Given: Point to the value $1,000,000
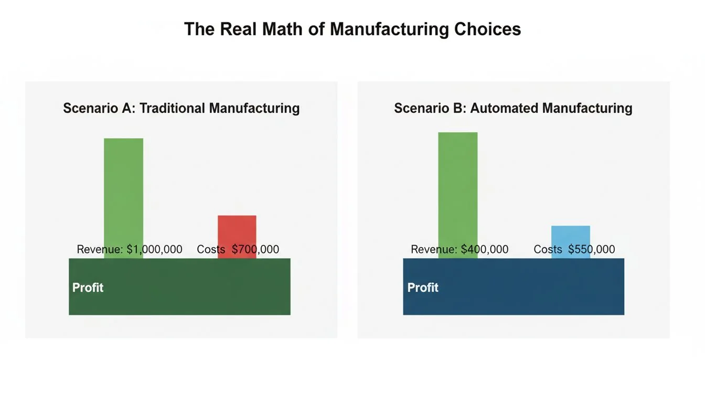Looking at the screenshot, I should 154,250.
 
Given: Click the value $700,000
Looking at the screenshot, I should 255,250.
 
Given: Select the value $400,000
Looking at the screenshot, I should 485,250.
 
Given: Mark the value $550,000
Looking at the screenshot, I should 591,250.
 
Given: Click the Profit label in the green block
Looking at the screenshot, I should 88,288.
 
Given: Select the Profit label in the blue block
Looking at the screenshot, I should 423,288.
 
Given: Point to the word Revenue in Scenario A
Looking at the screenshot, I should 100,250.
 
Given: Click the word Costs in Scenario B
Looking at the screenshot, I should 548,250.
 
